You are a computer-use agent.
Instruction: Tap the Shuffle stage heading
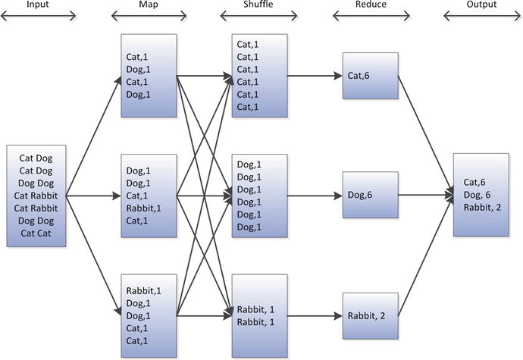coord(260,5)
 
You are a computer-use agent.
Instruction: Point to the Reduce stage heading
coord(371,5)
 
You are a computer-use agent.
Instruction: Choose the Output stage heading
coord(481,5)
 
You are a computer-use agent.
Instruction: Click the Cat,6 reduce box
coord(369,76)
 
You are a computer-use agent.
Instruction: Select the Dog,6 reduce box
coord(369,195)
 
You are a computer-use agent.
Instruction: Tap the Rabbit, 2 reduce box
coord(369,315)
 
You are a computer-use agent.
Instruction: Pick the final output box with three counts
coord(481,195)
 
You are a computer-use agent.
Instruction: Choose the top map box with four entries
coord(149,76)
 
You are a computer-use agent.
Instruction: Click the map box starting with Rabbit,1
coord(149,315)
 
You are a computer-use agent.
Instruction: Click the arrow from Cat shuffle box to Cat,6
coord(314,76)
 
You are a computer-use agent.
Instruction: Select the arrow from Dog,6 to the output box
coord(424,195)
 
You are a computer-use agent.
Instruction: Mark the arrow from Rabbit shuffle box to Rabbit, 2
coord(314,315)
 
